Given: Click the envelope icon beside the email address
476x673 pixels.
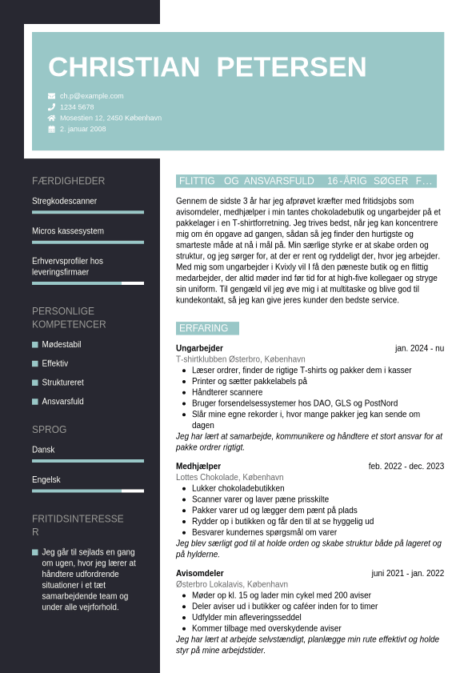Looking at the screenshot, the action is [x=52, y=96].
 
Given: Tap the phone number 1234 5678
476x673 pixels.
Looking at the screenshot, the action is [x=77, y=106].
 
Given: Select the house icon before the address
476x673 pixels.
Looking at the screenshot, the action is [x=52, y=118].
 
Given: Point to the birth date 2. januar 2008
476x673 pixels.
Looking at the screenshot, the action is [x=82, y=129].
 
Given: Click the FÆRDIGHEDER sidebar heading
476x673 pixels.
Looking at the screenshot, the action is [x=68, y=181].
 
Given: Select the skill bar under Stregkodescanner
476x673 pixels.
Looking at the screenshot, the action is [x=88, y=212].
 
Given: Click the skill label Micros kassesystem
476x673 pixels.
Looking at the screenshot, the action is [x=68, y=231].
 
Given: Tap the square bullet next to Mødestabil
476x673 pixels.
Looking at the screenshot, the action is [x=35, y=345].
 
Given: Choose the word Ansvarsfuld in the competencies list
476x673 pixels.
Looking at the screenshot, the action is [x=62, y=402].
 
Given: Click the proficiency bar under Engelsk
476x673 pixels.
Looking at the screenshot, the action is [x=88, y=491].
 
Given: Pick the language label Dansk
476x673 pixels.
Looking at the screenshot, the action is [x=43, y=450].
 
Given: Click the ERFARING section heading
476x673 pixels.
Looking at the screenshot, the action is [x=203, y=328].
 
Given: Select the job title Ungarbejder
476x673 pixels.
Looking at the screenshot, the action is [x=199, y=348].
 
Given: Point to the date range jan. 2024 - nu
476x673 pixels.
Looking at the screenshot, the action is [x=419, y=348].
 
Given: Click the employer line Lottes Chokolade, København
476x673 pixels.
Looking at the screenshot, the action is [x=230, y=477].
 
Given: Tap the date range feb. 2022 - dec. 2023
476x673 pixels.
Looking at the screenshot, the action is [x=406, y=466].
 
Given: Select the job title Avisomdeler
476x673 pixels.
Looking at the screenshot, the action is [x=200, y=573].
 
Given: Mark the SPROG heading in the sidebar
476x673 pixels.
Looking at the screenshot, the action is [x=49, y=430].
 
